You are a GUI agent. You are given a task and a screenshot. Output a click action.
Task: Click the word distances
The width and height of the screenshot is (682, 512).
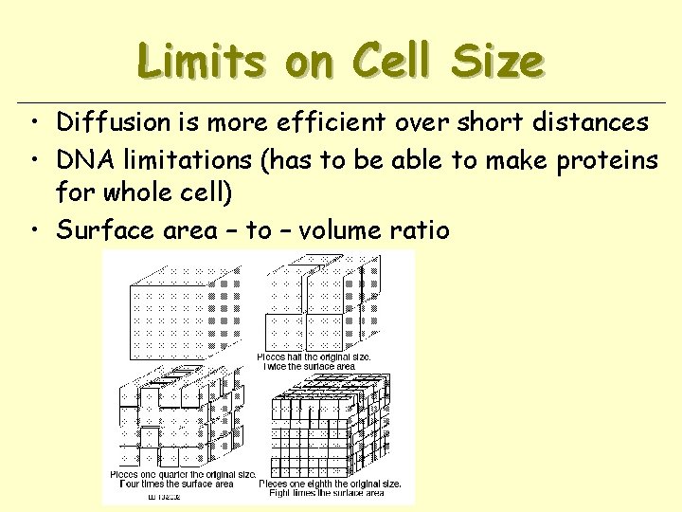tap(589, 122)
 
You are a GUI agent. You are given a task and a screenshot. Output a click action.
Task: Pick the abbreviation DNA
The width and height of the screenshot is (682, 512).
tap(80, 161)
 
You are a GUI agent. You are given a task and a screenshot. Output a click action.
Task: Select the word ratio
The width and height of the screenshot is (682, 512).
tap(422, 229)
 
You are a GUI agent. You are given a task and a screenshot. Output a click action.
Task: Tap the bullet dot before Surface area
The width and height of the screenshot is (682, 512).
tap(33, 230)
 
